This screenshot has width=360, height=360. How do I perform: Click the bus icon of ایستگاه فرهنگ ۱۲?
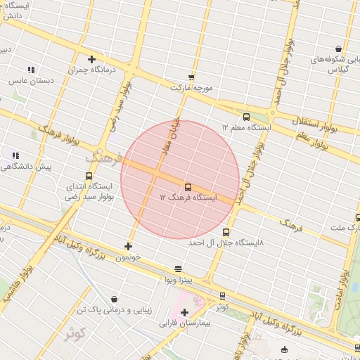pos(188,187)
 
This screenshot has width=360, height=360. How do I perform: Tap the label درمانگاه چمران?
pos(91,70)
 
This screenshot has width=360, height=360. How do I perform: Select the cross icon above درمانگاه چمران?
pos(91,59)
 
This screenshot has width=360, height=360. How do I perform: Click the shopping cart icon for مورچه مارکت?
pos(191,77)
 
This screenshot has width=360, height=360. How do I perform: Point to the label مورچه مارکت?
pos(191,88)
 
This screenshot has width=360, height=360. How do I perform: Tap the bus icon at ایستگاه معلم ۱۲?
pos(246,117)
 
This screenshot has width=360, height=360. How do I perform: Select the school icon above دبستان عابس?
pos(31,70)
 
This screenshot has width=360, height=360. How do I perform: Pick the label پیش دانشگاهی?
pos(27,167)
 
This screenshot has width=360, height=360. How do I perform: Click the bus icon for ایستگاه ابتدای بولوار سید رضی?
pos(88,176)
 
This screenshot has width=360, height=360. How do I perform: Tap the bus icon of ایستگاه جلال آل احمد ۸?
pos(226,232)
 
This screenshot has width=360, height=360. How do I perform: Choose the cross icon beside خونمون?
pos(128,246)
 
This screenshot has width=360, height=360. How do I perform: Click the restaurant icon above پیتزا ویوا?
pos(177,269)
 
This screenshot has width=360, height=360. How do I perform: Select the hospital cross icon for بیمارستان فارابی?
pos(185,312)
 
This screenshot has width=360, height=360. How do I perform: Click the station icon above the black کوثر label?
pos(223,296)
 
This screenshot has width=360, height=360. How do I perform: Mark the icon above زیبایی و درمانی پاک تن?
pos(115,299)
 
